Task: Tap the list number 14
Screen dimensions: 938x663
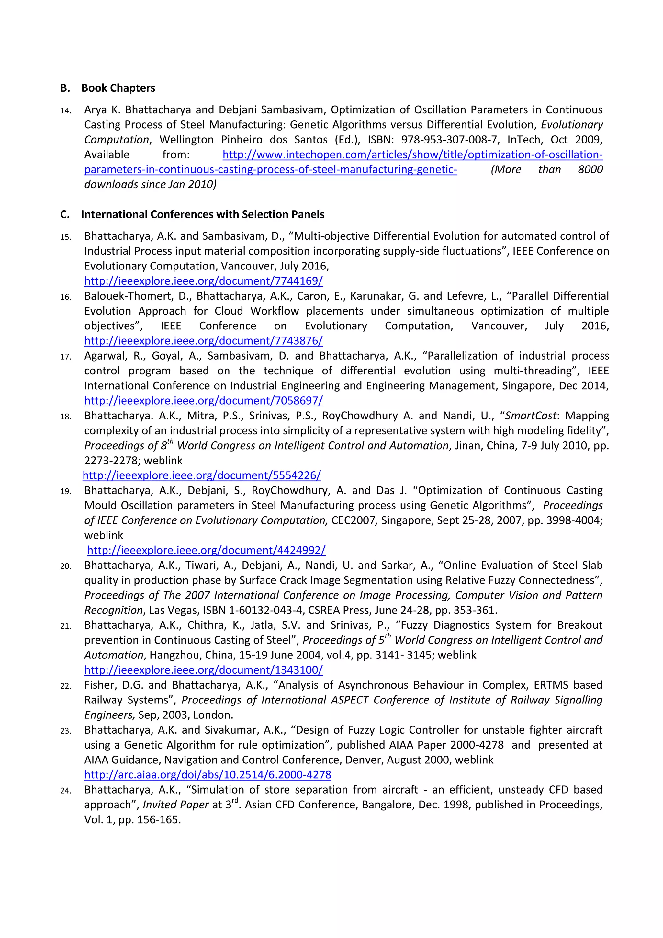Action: pos(65,111)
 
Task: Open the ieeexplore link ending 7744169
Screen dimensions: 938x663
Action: pos(203,281)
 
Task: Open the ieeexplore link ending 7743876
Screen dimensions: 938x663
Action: pos(203,340)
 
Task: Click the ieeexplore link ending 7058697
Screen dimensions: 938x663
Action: pos(203,400)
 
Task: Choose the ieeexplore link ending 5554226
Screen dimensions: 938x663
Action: pos(202,475)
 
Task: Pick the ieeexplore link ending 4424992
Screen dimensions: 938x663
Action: pos(206,550)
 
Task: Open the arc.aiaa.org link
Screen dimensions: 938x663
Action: pos(208,774)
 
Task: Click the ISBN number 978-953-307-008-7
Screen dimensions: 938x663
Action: pos(449,140)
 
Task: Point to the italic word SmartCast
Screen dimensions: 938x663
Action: pos(530,416)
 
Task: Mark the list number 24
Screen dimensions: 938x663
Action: pos(65,791)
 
